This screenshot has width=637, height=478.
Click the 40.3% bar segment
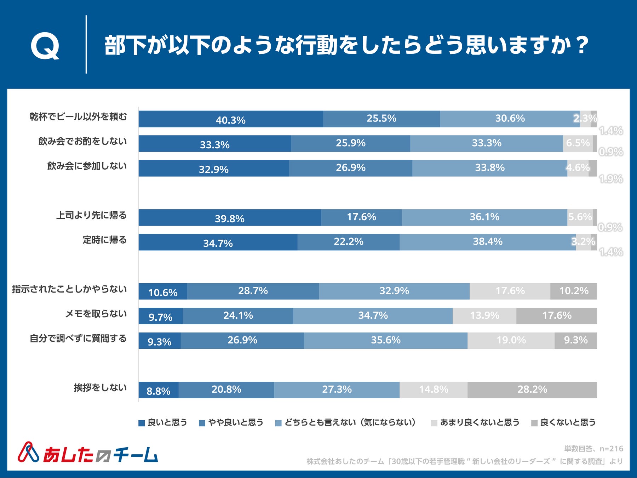click(230, 119)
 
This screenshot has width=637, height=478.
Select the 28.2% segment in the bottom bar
click(532, 389)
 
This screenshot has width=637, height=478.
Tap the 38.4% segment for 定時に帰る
click(487, 242)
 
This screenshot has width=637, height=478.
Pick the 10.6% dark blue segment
click(162, 291)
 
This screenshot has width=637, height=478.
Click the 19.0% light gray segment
click(511, 340)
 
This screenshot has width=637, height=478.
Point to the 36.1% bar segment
click(484, 217)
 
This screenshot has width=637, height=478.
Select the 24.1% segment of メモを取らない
click(238, 315)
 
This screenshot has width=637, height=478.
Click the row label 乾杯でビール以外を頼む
click(78, 117)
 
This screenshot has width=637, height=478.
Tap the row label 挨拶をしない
click(100, 388)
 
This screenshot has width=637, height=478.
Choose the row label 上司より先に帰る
click(91, 215)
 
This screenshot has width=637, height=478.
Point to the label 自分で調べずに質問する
click(78, 338)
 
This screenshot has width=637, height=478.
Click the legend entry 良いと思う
click(163, 422)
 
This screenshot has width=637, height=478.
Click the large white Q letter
click(45, 46)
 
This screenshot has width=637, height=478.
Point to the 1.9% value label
click(611, 179)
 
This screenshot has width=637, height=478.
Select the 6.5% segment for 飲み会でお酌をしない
click(578, 143)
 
